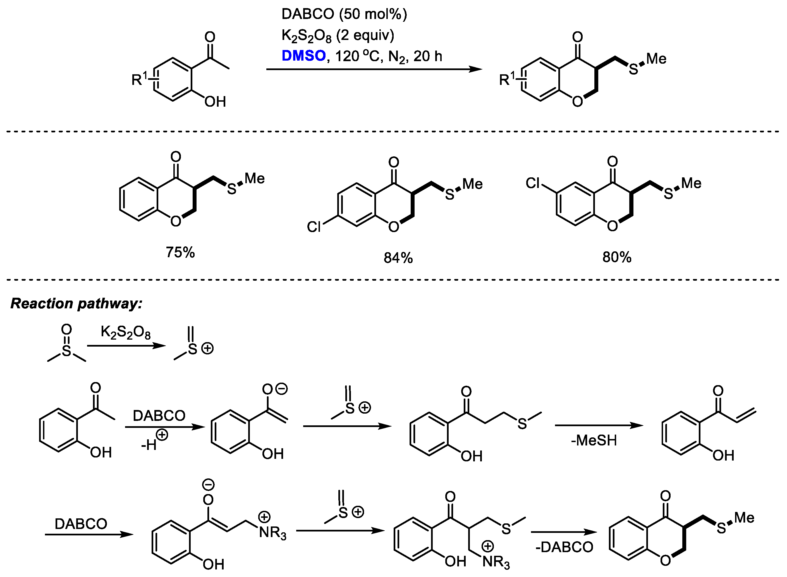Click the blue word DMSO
point(303,56)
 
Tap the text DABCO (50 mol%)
point(344,14)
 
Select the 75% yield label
point(180,252)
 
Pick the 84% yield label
point(398,258)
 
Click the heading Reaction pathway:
point(76,304)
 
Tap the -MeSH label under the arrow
point(594,440)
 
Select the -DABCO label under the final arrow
point(564,547)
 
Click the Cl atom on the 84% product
point(314,227)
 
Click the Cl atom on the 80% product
point(533,183)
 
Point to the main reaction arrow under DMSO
point(374,70)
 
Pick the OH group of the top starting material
point(215,102)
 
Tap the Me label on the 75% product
point(255,178)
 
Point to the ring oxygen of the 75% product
point(176,221)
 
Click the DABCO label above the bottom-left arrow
point(81,524)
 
